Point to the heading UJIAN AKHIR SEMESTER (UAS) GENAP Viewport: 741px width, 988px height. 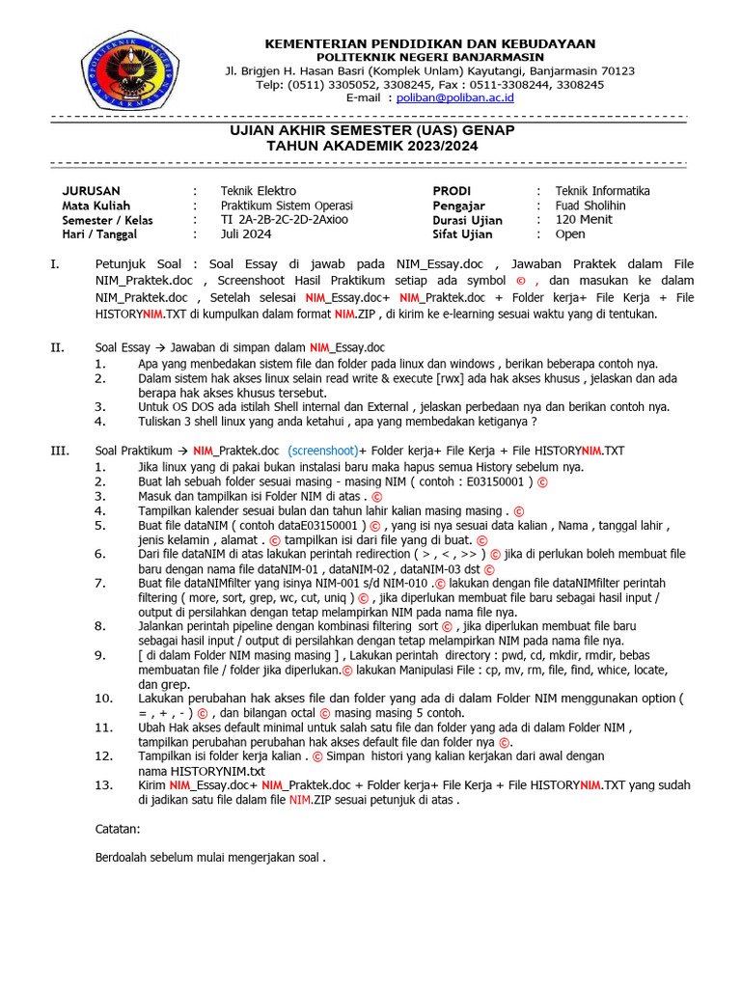click(371, 130)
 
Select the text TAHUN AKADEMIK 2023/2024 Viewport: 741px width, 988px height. click(371, 146)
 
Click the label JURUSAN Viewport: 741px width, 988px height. click(91, 191)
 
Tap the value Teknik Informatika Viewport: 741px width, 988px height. click(602, 191)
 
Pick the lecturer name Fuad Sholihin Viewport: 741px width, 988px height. click(590, 206)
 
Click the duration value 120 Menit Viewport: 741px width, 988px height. click(584, 220)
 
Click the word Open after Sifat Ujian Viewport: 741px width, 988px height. click(570, 234)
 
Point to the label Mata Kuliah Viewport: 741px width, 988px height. click(96, 206)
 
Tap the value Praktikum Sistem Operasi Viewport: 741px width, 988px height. click(287, 206)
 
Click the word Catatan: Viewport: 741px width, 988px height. click(118, 829)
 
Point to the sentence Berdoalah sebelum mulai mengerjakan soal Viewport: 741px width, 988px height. click(211, 857)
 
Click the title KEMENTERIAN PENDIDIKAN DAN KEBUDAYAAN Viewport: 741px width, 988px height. click(429, 43)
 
